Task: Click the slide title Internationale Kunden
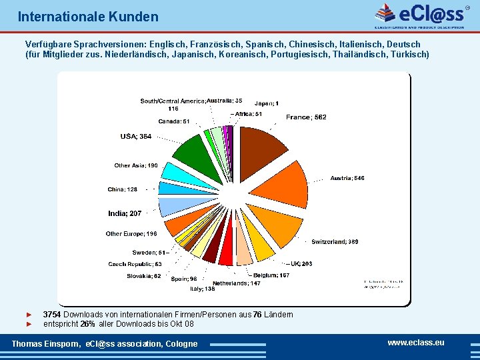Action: [x=88, y=17]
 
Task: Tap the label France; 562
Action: [x=306, y=117]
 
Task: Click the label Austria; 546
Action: [x=347, y=178]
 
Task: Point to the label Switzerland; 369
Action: [x=335, y=241]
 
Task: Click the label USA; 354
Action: [x=135, y=137]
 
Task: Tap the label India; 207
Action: [x=125, y=213]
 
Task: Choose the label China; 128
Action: [x=122, y=189]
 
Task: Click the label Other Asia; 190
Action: [x=135, y=165]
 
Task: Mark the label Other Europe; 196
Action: [x=131, y=234]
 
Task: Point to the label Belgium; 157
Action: [x=271, y=275]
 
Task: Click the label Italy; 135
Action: [x=202, y=289]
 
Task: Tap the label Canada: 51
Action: [x=173, y=121]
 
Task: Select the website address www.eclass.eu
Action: [x=415, y=343]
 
